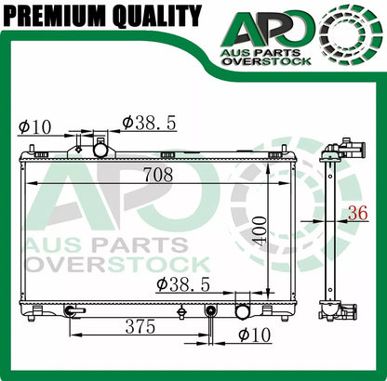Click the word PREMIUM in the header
pos(54,16)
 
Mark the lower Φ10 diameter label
pos(253,335)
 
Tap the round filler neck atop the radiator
pos(100,150)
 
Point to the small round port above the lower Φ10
pos(210,309)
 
